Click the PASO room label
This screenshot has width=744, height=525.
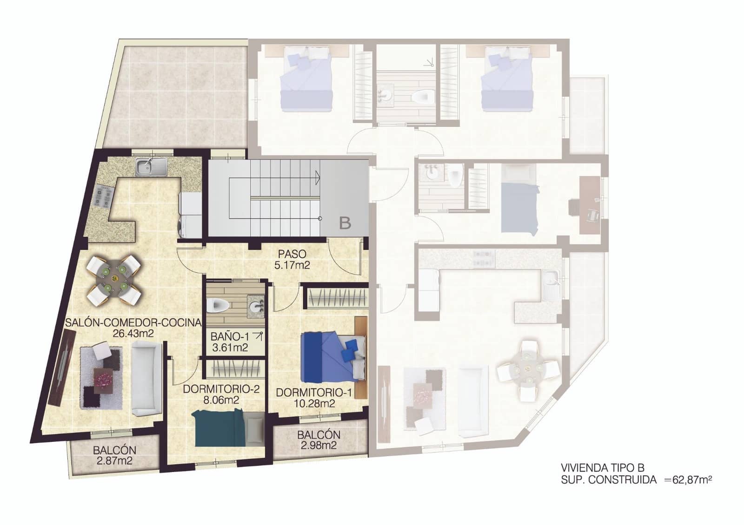(x=292, y=254)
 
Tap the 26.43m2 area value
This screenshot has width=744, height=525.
(x=133, y=333)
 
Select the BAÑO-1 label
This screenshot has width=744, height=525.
(x=227, y=336)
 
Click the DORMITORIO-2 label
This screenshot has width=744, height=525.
(x=221, y=389)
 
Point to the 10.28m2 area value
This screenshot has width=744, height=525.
(x=314, y=403)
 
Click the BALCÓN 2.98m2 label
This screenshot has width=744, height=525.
(x=319, y=435)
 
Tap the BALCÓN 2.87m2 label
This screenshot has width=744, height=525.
(x=114, y=450)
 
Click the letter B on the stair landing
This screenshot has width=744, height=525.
(x=345, y=223)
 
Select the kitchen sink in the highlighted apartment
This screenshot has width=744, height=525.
(x=151, y=166)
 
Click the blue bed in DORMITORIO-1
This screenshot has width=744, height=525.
(x=325, y=355)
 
